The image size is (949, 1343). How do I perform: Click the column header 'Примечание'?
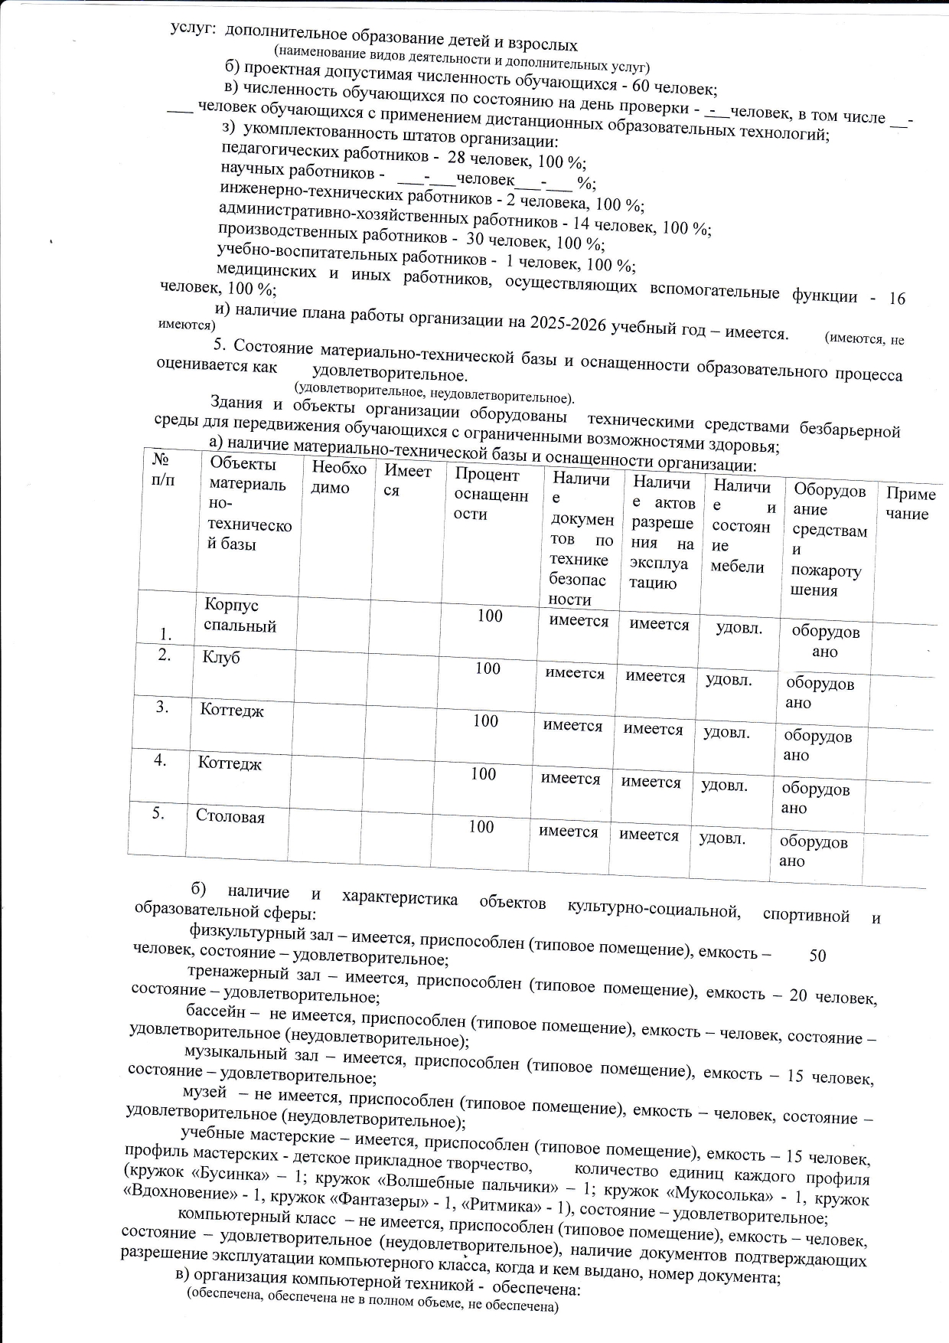click(x=910, y=504)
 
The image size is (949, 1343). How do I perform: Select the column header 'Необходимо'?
click(x=339, y=478)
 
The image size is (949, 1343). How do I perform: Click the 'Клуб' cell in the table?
click(x=221, y=658)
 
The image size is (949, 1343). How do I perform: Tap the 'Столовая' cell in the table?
click(x=230, y=817)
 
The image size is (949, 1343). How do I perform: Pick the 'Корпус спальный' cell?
click(x=240, y=616)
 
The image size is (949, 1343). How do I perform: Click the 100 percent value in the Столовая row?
click(x=481, y=827)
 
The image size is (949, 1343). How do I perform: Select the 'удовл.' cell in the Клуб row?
click(x=729, y=680)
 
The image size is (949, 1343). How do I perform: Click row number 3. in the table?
click(x=162, y=707)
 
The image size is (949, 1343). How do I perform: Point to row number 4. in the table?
click(x=161, y=760)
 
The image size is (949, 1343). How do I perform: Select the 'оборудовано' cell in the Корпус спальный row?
click(x=825, y=642)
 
